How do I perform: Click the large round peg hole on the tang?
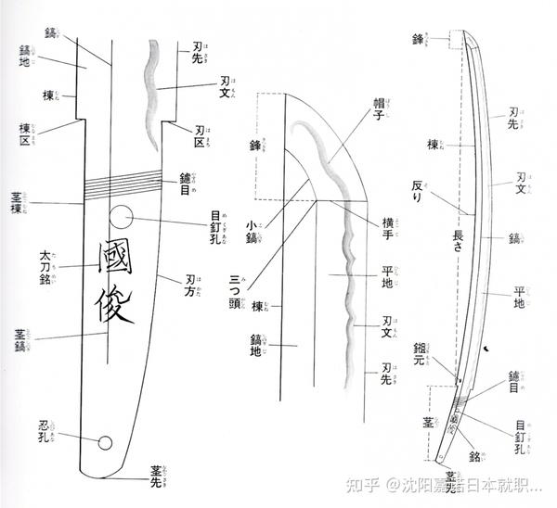(x=121, y=219)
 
